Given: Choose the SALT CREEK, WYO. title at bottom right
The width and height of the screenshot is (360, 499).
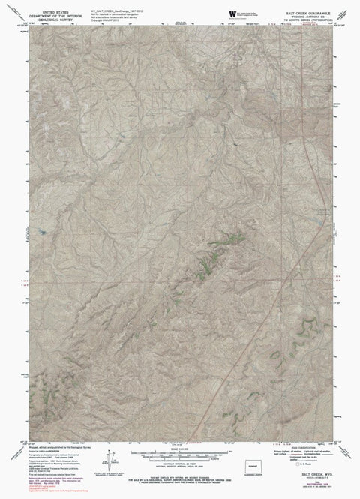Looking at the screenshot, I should (311, 478).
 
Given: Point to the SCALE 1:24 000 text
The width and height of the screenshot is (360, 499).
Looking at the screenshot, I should (180, 449).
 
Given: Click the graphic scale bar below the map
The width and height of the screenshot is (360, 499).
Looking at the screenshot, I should (180, 455).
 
